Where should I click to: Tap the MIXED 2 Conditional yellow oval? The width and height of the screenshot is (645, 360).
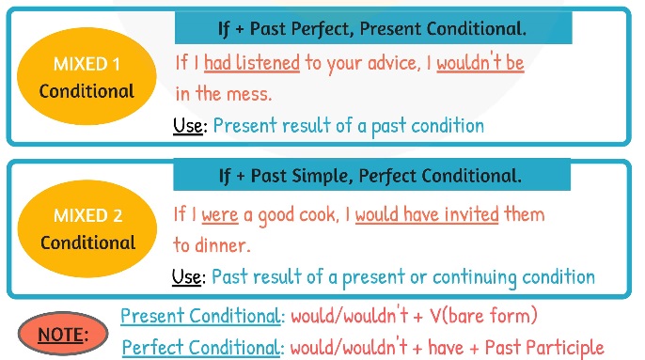point(87,229)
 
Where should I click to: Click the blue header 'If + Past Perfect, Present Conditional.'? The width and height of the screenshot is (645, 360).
point(372,28)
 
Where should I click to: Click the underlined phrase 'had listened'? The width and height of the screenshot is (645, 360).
point(251,64)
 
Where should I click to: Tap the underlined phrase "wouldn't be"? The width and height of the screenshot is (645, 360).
point(480,64)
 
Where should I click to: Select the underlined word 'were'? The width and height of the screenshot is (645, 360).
point(220,215)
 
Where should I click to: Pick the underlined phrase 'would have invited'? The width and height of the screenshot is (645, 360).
point(426,215)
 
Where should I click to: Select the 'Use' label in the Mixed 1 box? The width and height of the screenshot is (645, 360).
point(188,125)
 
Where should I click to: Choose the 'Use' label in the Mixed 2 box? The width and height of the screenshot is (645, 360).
point(188,276)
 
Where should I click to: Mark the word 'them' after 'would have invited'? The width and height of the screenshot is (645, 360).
point(525,215)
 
